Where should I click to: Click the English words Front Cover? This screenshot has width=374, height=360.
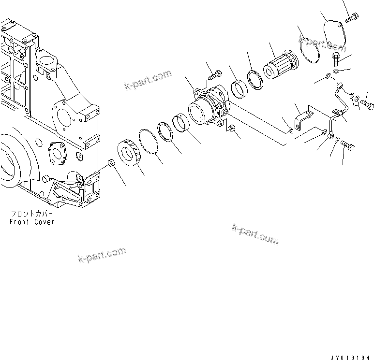click(x=32, y=222)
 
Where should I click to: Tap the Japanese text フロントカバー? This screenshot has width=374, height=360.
click(x=32, y=214)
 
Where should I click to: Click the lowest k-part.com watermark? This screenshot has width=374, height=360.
click(x=102, y=255)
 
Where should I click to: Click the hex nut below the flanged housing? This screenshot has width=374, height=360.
click(x=232, y=129)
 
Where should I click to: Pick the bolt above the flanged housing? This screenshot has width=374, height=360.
click(x=215, y=75)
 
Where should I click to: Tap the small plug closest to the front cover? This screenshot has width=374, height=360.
click(x=110, y=163)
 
